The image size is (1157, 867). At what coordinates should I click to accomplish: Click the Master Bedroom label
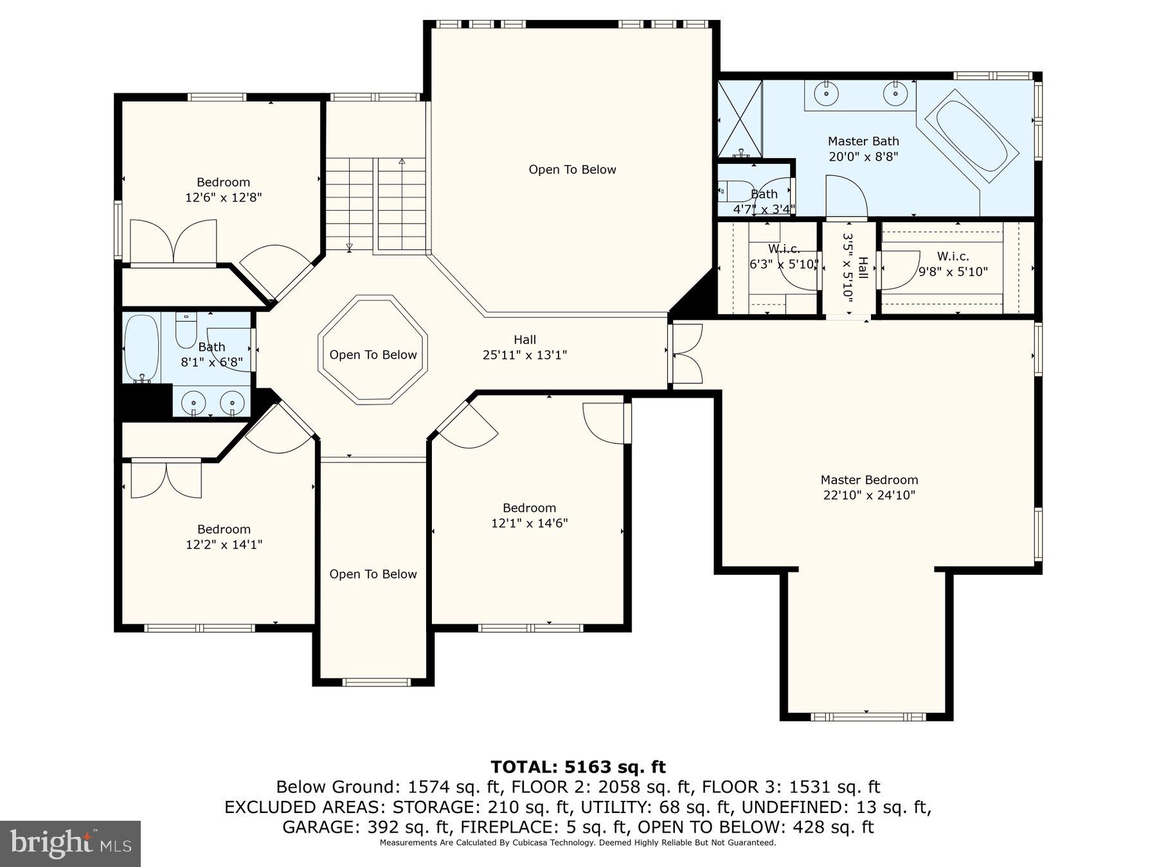point(869,480)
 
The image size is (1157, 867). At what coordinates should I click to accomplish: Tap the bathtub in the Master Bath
point(971,136)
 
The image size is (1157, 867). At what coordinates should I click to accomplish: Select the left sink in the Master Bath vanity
point(826,94)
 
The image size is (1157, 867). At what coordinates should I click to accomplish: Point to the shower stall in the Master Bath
point(739,119)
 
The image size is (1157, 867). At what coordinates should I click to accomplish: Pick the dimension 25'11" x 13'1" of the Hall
point(525,355)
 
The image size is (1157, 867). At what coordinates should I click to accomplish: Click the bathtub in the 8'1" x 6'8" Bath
point(141,348)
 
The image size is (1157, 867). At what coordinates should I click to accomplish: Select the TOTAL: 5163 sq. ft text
point(578,767)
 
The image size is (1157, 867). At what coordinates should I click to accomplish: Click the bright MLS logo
point(70,843)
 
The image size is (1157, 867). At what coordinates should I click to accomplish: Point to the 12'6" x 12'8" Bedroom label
point(223,182)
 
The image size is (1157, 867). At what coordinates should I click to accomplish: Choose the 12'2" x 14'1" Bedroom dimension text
point(224,545)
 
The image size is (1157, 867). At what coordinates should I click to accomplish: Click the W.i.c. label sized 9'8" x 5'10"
point(953,256)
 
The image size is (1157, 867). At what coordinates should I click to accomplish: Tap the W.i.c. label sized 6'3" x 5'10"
point(784,249)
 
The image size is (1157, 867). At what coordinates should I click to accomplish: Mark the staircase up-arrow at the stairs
point(402,162)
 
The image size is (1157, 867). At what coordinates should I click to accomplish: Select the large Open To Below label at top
point(572,170)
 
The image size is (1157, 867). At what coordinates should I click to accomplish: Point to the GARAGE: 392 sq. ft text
point(357,827)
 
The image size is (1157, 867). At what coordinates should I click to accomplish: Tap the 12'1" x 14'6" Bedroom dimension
point(529,523)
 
